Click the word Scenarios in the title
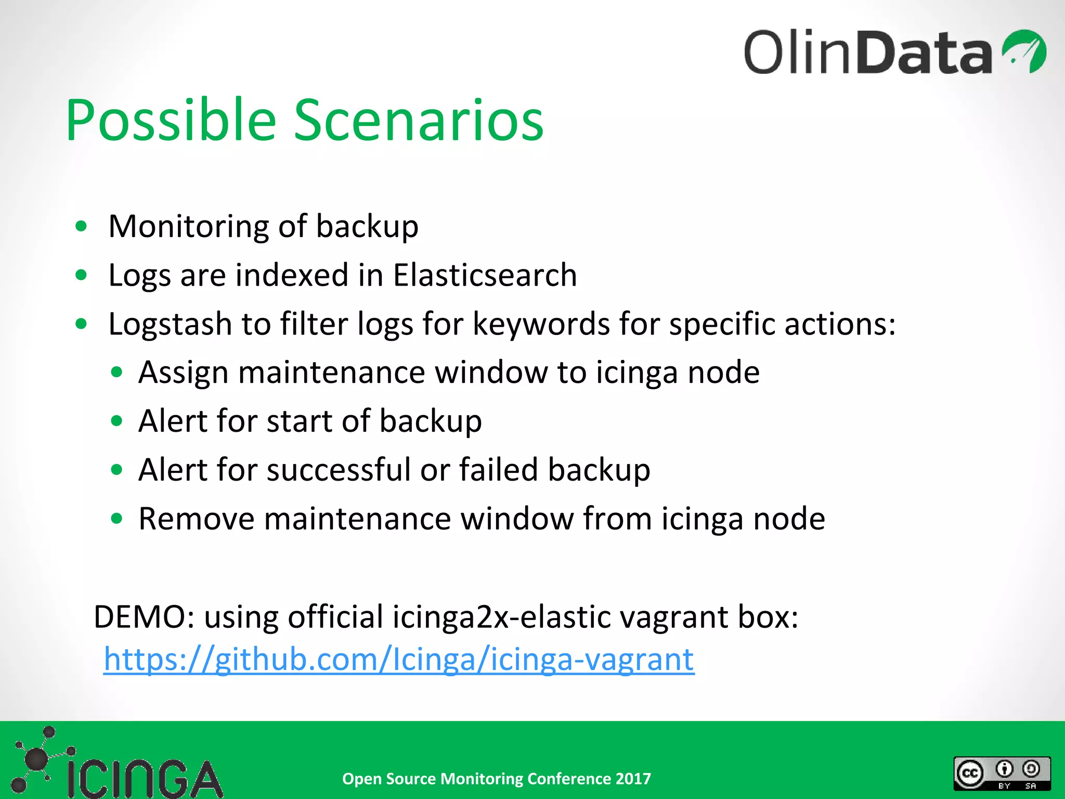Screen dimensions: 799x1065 419,121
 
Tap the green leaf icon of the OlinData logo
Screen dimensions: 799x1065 1024,51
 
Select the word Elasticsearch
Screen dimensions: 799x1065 485,275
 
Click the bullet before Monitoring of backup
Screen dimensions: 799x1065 81,226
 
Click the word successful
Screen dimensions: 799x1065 339,470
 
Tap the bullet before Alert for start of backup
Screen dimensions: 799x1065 116,421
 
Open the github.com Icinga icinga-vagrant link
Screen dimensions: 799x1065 399,660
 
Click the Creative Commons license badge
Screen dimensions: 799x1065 1002,774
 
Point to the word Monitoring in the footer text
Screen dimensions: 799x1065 482,779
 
